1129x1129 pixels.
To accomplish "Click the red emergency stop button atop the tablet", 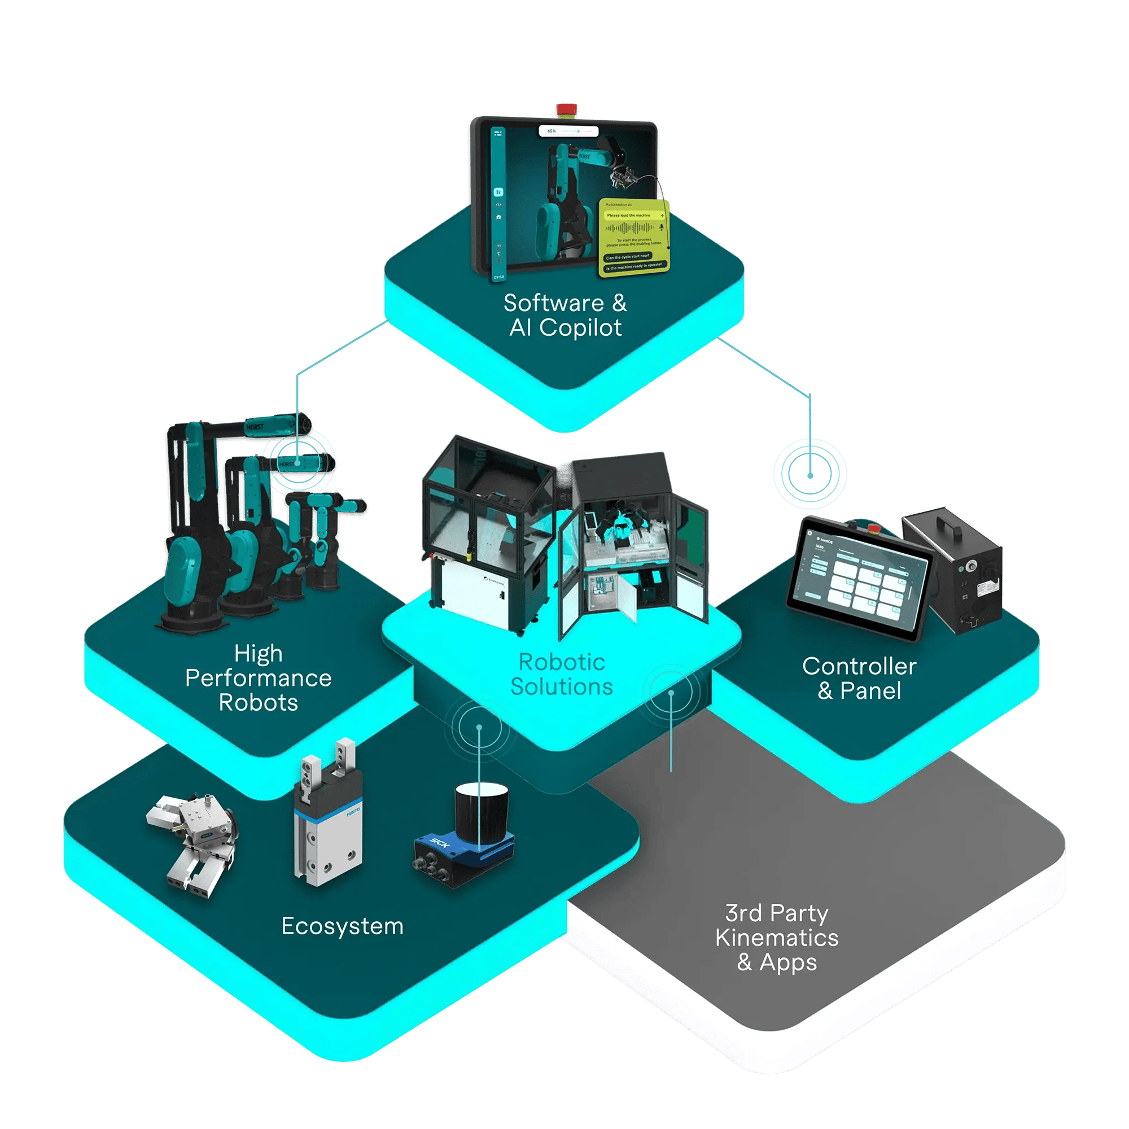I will point(566,110).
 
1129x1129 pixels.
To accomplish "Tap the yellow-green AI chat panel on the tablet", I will point(634,237).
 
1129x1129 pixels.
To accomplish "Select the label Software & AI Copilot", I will point(565,316).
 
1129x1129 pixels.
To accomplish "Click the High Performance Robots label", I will point(259,678).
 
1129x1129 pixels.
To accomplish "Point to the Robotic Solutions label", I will point(562,675).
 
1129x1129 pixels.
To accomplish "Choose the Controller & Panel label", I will point(859,679).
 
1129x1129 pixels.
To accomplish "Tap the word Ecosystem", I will point(343,926).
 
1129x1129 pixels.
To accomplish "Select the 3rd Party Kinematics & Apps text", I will point(777,938).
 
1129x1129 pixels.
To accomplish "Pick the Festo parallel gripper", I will point(328,818).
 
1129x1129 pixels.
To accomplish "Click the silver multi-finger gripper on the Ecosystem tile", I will point(193,842).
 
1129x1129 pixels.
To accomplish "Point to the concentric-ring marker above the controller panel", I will point(810,475).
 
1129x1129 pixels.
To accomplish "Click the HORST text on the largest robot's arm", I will point(255,427).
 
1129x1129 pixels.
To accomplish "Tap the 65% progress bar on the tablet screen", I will point(568,132).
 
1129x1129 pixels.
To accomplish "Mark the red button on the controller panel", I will point(875,529).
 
